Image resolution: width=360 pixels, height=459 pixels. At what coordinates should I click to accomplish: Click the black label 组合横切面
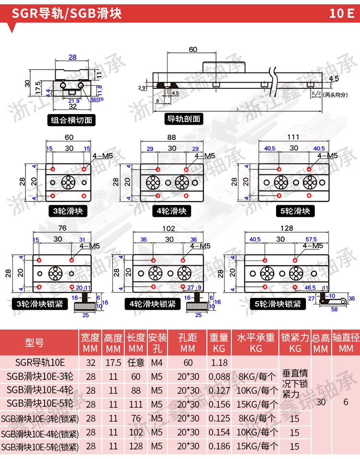[x=72, y=120]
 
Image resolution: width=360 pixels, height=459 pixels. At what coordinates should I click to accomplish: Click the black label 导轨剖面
[x=183, y=118]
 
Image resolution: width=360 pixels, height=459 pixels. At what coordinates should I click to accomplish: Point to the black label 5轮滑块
[x=294, y=211]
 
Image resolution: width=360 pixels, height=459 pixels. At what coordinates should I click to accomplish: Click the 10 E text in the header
[x=341, y=13]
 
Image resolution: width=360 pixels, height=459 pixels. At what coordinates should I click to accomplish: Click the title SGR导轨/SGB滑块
[x=67, y=13]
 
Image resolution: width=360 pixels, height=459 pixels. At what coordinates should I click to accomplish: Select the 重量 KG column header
[x=219, y=342]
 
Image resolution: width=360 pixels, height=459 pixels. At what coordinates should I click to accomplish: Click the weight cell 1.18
[x=219, y=363]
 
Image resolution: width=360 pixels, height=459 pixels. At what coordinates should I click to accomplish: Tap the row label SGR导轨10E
[x=40, y=363]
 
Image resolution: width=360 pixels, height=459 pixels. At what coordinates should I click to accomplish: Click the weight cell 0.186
[x=219, y=446]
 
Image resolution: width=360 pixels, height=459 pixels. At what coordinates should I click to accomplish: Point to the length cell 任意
[x=136, y=363]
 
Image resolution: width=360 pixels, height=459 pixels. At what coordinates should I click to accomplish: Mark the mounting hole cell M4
[x=157, y=363]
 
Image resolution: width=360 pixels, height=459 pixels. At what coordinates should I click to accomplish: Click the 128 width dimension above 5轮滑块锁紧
[x=287, y=227]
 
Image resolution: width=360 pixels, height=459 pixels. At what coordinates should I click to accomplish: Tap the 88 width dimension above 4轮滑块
[x=171, y=138]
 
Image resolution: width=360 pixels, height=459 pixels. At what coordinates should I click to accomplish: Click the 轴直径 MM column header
[x=346, y=342]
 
